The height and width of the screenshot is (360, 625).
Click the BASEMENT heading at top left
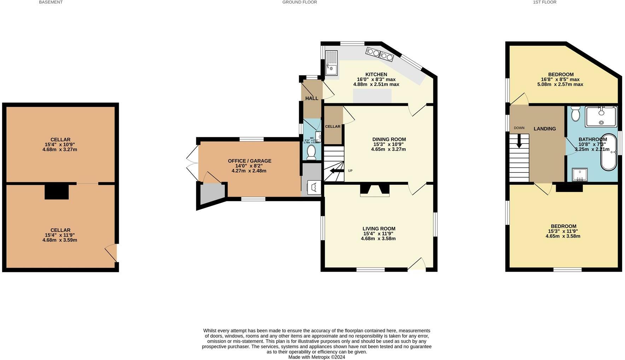pos(51,2)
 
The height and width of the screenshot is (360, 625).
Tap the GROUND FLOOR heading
pos(299,2)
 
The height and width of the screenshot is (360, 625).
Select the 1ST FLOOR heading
pos(544,2)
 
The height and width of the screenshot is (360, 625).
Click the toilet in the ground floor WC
pos(311,152)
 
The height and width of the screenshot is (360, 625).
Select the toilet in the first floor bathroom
pos(576,114)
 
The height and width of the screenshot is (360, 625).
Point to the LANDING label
pos(544,129)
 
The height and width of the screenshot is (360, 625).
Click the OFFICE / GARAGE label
pos(249,161)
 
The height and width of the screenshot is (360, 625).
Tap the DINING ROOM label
pos(389,139)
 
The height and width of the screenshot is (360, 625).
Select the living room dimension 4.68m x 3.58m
pos(378,239)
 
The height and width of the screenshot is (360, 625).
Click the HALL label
pos(311,98)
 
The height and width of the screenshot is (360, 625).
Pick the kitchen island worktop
pos(372,96)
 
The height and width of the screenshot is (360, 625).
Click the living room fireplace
pos(374,190)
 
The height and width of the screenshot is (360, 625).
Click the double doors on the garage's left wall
pos(193,163)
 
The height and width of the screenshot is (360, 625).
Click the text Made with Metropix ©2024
pos(316,357)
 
